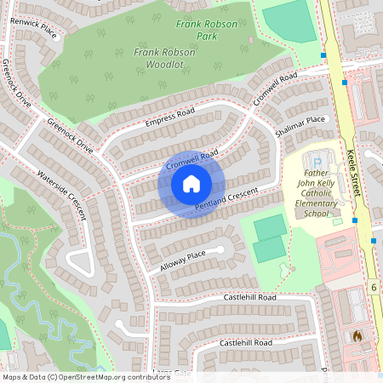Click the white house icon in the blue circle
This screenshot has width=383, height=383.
[x=191, y=184]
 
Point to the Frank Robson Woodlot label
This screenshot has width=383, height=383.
[x=164, y=58]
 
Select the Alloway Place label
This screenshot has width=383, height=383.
[x=183, y=261]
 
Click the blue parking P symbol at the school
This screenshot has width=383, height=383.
[x=317, y=162]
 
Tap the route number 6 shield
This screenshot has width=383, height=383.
[x=373, y=288]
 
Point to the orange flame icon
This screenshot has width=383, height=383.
[x=357, y=336]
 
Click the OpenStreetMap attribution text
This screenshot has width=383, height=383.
[x=86, y=376]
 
